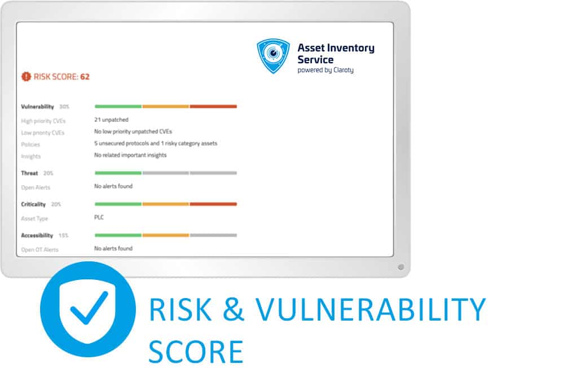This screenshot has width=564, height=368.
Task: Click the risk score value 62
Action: coord(85,77)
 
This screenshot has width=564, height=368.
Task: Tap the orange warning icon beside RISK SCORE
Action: coord(27,76)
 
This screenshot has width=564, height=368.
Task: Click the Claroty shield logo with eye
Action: coord(273,56)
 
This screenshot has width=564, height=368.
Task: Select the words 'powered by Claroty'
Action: coord(325,70)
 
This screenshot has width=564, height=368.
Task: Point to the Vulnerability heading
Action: coord(37,107)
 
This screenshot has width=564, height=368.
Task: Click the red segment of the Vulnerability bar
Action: coord(213,107)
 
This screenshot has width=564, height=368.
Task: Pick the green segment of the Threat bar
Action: coord(118,173)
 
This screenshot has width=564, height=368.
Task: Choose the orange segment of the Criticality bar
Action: coord(165,204)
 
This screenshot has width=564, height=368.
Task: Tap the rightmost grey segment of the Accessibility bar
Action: coord(213,235)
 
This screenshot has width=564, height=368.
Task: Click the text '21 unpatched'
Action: coord(111,120)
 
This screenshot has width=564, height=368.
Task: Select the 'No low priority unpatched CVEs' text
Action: coord(133,132)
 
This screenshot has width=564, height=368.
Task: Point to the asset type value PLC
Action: coord(99,217)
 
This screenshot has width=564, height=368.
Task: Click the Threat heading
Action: coord(29,173)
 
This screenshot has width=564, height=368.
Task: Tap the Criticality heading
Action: coord(33,204)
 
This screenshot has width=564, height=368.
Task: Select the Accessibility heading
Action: coord(37,235)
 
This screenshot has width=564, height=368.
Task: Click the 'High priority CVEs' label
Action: coord(43,121)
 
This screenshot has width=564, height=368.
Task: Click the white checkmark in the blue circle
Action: coord(89,308)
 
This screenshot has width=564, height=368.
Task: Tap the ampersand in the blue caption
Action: coord(233,309)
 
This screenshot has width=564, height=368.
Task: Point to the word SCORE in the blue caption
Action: coord(196,352)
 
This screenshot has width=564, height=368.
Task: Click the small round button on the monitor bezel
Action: coord(401,267)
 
